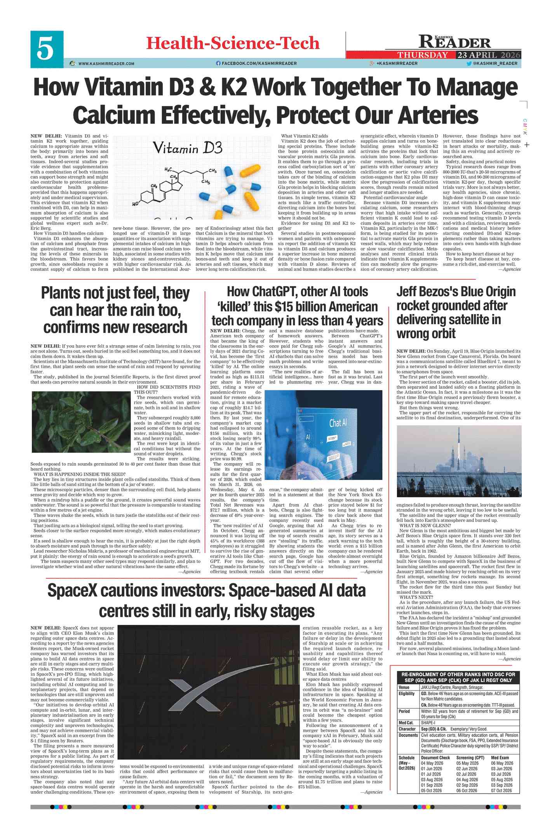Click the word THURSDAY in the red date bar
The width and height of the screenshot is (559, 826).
pos(422,55)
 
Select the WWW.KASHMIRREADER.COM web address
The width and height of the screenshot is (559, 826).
pos(106,64)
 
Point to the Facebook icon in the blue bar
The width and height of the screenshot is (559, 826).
pos(218,63)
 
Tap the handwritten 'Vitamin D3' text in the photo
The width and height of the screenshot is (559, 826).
pos(187,148)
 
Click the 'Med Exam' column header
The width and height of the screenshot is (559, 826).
pos(502,758)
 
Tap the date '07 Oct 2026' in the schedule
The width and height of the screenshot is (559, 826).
pos(502,790)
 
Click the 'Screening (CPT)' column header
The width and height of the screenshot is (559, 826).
pos(470,758)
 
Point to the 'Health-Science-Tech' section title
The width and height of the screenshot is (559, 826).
pos(232,43)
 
